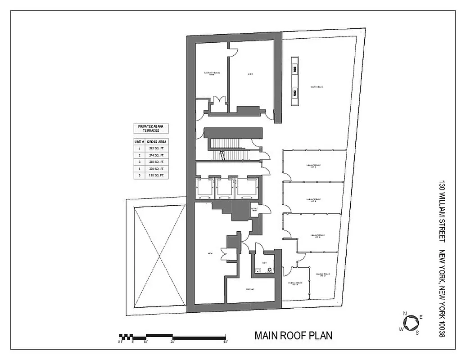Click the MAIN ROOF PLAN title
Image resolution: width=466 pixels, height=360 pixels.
point(293,336)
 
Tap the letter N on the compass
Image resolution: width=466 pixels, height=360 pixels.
point(405,314)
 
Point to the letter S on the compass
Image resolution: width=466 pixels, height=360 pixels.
point(417,333)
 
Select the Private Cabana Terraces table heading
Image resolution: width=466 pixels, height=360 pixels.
point(151,129)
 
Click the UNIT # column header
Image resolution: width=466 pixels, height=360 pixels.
point(139,141)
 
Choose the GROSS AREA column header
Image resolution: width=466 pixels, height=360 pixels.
point(157,141)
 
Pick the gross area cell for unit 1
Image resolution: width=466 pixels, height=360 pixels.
point(157,148)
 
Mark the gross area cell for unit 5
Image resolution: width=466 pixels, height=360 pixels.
point(157,175)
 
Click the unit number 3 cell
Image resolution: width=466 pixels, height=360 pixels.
point(139,162)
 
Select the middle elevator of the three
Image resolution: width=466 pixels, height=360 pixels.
point(224,188)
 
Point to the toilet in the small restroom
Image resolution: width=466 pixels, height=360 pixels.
point(270,270)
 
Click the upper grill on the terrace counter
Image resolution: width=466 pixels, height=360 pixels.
point(295,69)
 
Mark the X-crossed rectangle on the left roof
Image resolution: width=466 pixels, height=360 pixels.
point(160,256)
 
